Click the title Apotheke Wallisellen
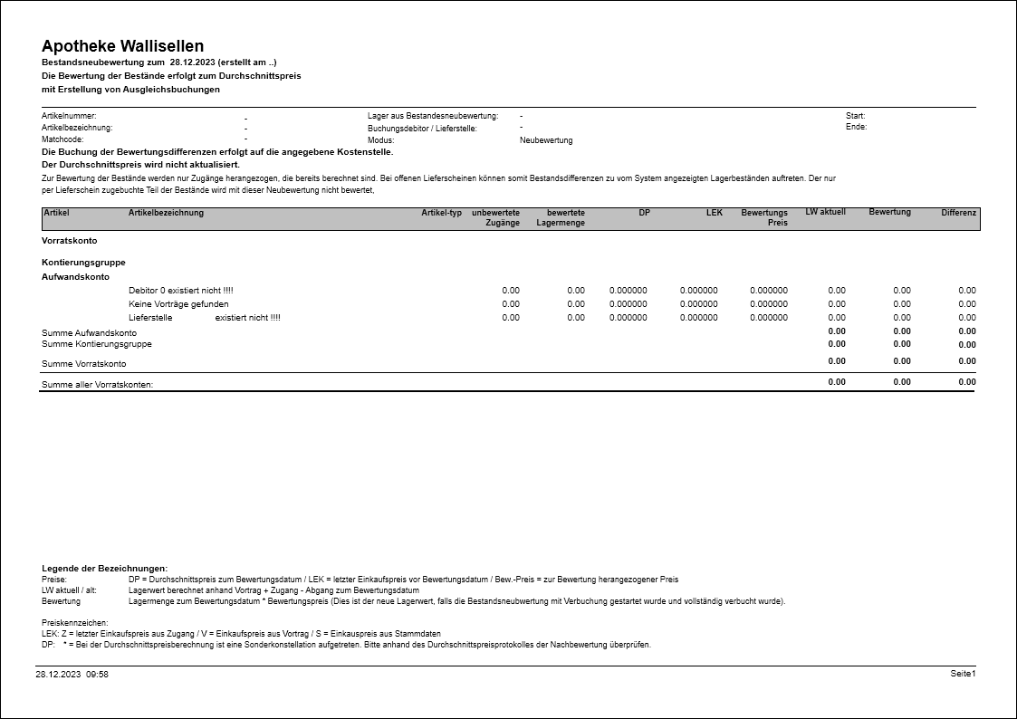tap(122, 46)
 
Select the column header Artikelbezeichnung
tap(166, 213)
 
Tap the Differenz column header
tap(958, 213)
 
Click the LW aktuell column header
tap(825, 212)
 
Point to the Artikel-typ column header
tap(441, 213)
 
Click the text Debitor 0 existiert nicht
tap(180, 291)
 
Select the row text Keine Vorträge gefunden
tap(178, 304)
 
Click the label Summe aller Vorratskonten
tap(98, 385)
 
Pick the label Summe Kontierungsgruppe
tap(97, 344)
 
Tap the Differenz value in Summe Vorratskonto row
tap(967, 361)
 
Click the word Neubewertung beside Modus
tap(546, 140)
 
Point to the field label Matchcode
tap(62, 140)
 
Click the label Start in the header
tap(855, 116)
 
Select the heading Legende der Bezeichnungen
tap(104, 568)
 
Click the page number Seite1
tap(963, 674)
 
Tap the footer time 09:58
tap(97, 675)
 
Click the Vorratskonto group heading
tap(69, 241)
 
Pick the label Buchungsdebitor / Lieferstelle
tap(422, 129)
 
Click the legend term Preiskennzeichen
tap(75, 623)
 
